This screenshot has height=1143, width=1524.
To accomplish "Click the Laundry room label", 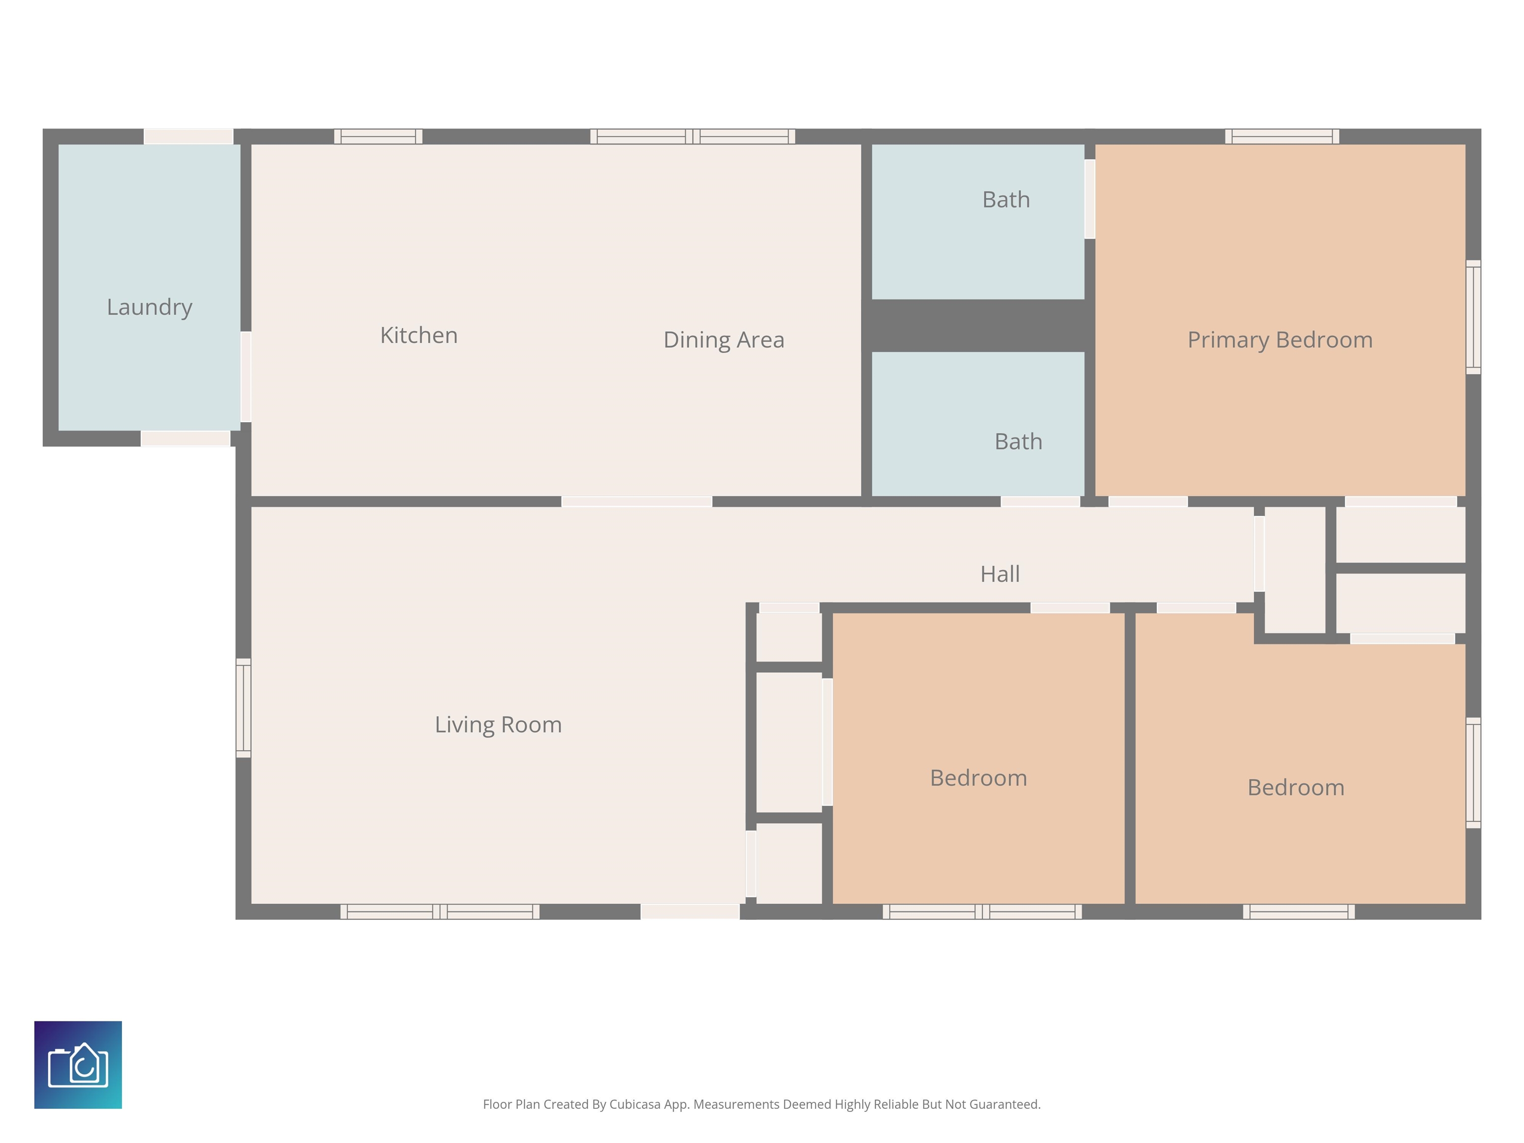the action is point(149,307).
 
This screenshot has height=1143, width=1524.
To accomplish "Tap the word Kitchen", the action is point(419,335).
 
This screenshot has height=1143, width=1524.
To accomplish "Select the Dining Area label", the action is point(723,340).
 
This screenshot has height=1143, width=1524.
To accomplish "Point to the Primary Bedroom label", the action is point(1280,340).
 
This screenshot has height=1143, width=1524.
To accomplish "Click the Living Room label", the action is point(498,725).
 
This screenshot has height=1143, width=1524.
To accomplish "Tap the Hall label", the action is point(1000,574).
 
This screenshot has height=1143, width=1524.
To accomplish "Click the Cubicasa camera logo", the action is point(78,1065).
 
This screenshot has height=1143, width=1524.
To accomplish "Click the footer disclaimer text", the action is point(762,1104).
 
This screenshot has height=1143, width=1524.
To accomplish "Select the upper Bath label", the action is point(1006,200).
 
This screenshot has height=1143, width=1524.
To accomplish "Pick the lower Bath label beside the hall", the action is point(1018,442).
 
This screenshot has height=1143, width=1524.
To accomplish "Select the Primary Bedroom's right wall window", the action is point(1473,317).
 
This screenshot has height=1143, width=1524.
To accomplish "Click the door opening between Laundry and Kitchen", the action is point(245,377).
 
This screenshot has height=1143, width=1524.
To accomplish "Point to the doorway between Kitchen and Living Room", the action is point(636,502).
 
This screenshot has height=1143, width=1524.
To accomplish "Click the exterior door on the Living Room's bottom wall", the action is point(691,911).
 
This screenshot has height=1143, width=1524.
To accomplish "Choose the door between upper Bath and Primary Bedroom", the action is point(1090,199).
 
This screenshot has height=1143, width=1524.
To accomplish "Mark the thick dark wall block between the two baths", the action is point(978,326).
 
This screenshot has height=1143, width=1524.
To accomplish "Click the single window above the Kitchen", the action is point(378,136).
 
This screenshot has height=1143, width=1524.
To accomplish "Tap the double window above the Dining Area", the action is point(693,136).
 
